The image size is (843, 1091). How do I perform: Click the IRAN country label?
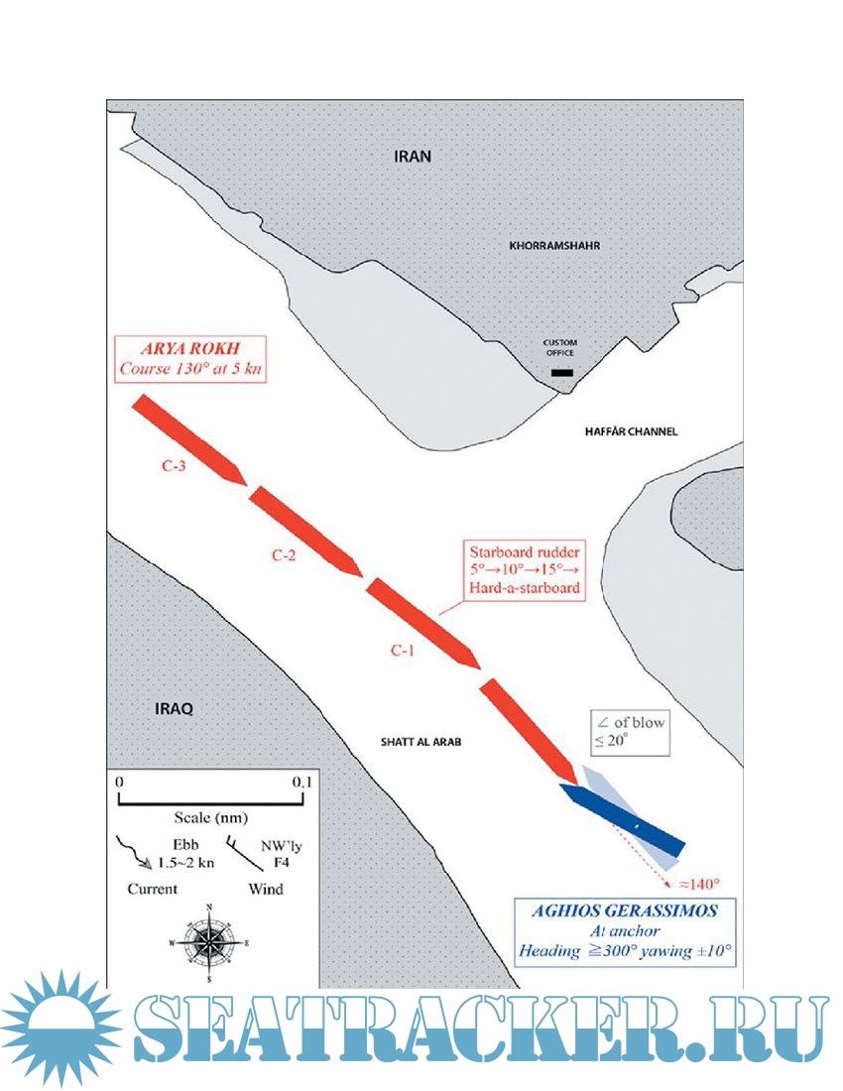(x=414, y=157)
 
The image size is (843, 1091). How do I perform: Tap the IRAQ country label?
(x=173, y=709)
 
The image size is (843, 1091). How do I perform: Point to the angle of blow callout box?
(x=629, y=732)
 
